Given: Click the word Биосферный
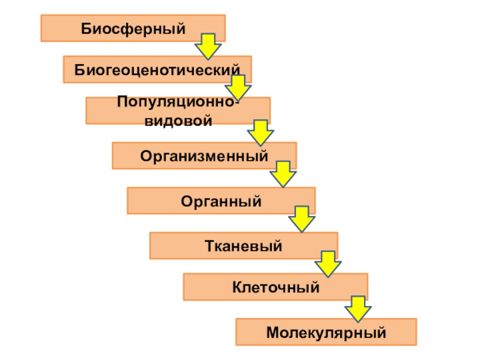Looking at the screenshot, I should [133, 28].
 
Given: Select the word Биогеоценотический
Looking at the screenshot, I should [157, 70].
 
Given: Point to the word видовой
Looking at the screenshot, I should [178, 121].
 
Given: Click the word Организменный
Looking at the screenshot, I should [204, 156].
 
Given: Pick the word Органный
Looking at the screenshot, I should [221, 200].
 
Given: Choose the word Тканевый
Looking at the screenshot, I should [244, 245].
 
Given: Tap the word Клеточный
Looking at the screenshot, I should [275, 287].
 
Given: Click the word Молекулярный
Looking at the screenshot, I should [326, 332].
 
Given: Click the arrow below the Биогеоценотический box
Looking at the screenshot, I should [239, 87].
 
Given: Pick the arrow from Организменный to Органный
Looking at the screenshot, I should [283, 174].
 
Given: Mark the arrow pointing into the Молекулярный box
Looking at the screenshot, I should [358, 308].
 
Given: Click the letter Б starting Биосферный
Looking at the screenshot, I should [85, 28].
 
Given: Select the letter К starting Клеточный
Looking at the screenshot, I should [237, 287].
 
